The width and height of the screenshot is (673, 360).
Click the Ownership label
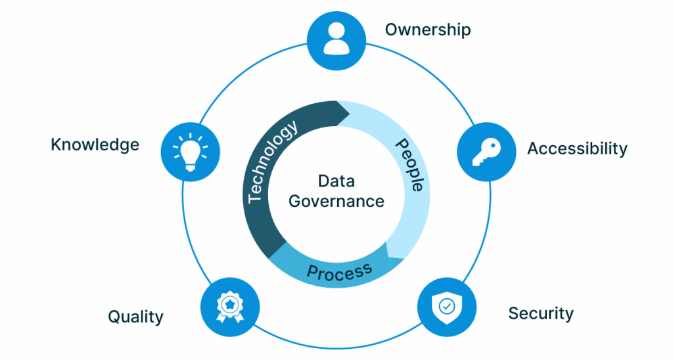(x=428, y=29)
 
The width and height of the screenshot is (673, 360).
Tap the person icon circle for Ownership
(x=336, y=40)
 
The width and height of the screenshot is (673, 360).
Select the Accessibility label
(x=577, y=148)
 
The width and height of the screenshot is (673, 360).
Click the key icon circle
(x=486, y=152)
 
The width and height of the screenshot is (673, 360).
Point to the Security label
(x=541, y=313)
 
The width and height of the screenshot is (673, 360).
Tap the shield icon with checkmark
(x=446, y=307)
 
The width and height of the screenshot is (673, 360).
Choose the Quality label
(x=135, y=317)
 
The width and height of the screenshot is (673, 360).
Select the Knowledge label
(x=95, y=145)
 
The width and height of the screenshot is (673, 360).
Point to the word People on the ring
(x=409, y=165)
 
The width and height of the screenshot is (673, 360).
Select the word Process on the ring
(x=339, y=271)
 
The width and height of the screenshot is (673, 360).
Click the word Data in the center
(x=336, y=181)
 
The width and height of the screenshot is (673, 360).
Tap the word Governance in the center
(x=336, y=200)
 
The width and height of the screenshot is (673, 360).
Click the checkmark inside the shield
(x=446, y=306)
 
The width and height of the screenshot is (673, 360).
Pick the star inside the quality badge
(x=230, y=304)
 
